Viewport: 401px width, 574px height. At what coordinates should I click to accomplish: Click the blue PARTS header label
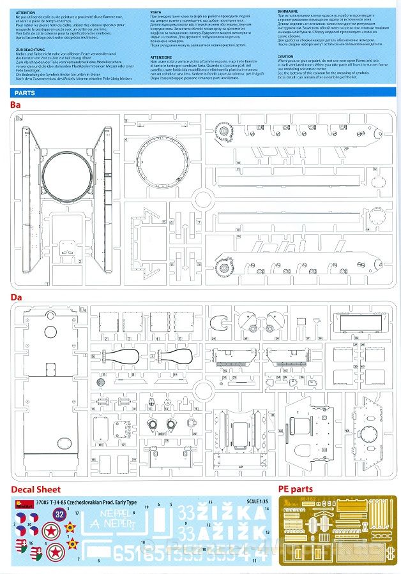click(27, 92)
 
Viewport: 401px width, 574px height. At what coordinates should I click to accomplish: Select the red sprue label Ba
click(17, 105)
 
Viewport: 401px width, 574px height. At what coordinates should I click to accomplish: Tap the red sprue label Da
click(17, 297)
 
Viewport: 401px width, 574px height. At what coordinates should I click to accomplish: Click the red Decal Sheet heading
click(36, 490)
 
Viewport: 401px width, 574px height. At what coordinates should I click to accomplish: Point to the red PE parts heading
click(296, 490)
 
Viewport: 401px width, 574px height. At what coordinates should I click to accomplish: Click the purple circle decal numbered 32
click(59, 514)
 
